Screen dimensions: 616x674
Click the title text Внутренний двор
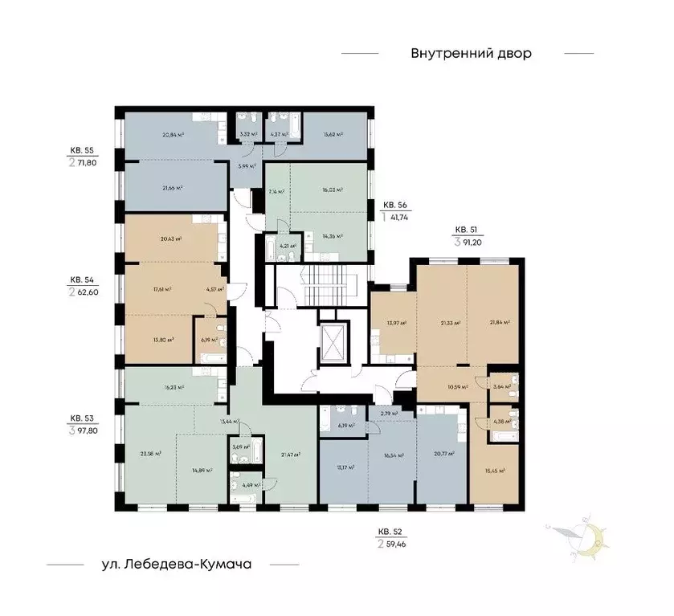point(472,54)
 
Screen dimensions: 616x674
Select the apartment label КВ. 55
point(81,150)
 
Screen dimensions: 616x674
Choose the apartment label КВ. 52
point(391,531)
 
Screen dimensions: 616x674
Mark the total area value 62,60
point(88,292)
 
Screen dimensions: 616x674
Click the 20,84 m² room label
point(174,135)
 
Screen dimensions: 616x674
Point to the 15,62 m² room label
point(333,135)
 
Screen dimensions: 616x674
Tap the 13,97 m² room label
point(396,323)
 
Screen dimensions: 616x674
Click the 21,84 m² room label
point(500,323)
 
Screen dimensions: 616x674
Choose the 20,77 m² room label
point(443,454)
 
